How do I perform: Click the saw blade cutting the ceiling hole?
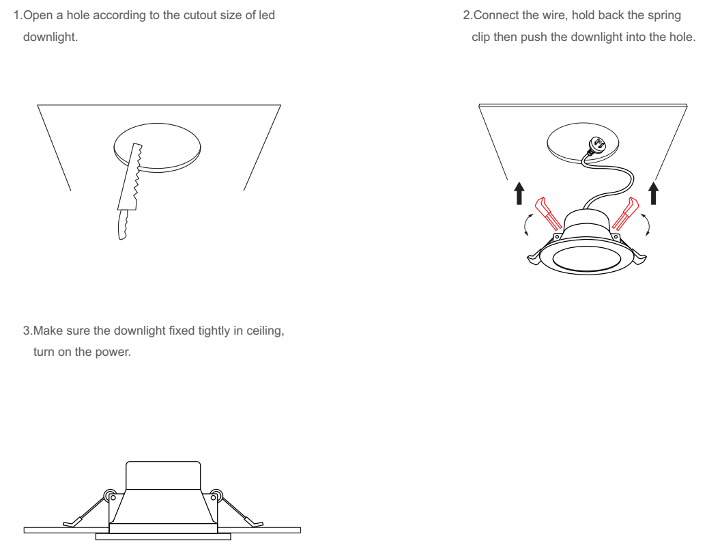(130, 177)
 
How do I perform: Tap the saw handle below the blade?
(122, 225)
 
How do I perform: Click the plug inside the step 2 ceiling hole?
(598, 146)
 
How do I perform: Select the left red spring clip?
(548, 214)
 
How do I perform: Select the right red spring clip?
(625, 214)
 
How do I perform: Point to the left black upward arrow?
(519, 193)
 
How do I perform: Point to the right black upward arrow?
(653, 193)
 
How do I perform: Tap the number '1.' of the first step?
(18, 15)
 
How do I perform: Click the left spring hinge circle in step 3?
(110, 496)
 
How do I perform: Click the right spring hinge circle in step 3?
(216, 496)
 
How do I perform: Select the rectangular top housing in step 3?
(163, 475)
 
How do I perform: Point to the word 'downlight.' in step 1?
(50, 37)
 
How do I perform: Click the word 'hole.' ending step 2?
(682, 37)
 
